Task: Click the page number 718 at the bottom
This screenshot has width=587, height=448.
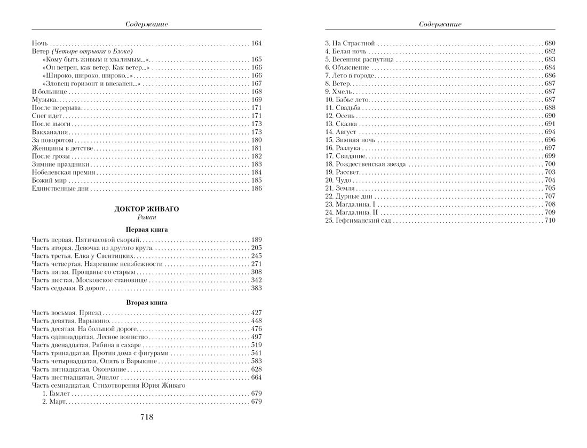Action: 146,417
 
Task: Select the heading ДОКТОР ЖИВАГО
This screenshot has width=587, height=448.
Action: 147,209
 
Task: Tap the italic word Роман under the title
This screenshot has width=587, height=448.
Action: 147,218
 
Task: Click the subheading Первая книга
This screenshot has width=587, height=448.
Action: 147,230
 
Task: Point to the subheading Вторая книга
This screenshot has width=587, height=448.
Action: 147,302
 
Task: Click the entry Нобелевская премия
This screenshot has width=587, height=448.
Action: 64,172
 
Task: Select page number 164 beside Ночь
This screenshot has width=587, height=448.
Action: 256,43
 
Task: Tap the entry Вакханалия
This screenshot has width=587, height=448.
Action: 51,131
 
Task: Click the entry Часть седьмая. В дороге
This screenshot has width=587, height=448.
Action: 69,288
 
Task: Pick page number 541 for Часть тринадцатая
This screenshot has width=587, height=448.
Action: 256,353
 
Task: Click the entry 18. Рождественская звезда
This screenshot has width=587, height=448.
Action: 366,164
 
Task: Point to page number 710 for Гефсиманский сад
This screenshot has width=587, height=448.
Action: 550,221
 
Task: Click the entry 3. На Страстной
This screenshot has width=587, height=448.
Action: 350,43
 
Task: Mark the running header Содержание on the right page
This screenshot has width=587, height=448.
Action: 440,24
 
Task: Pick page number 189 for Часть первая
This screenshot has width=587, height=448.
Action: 256,240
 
